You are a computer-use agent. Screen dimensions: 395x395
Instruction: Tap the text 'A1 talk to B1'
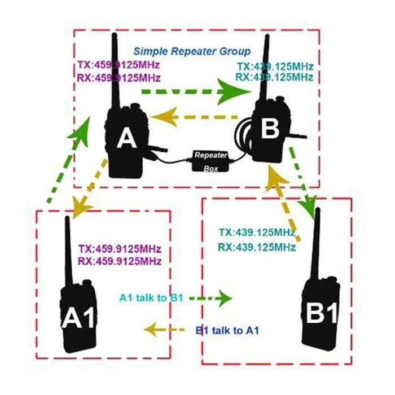(x=152, y=297)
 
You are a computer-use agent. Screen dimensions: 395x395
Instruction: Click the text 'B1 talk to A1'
(x=228, y=330)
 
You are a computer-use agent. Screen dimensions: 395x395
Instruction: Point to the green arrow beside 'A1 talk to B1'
(x=212, y=297)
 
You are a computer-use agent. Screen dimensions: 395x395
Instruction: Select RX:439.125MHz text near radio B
(x=274, y=77)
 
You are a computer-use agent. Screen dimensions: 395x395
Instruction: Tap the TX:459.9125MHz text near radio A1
(x=120, y=249)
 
